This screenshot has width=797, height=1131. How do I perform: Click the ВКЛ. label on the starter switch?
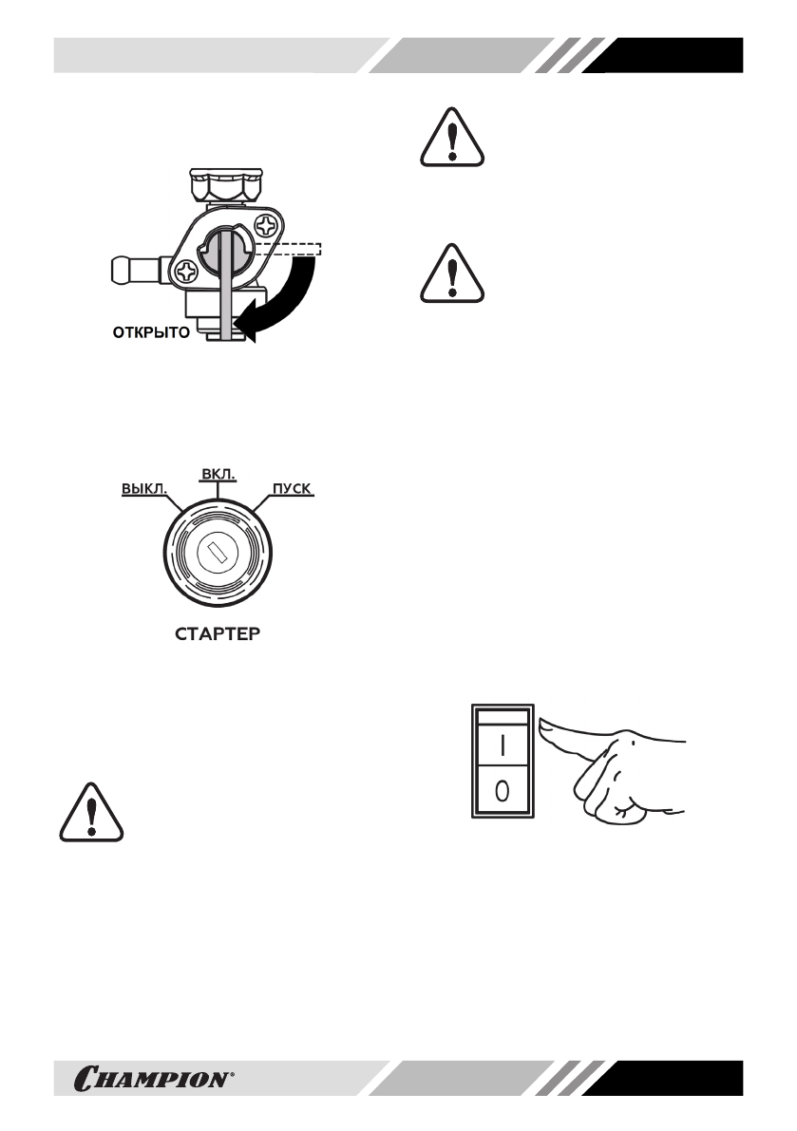click(x=218, y=472)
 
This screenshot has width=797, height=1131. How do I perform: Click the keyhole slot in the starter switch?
click(x=218, y=553)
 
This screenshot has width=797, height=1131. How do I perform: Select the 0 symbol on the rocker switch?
click(x=503, y=790)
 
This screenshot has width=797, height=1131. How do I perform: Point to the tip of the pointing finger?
click(x=545, y=727)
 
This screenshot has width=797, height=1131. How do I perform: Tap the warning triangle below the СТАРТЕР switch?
click(x=92, y=813)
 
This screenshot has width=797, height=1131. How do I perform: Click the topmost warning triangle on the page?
click(x=451, y=140)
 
